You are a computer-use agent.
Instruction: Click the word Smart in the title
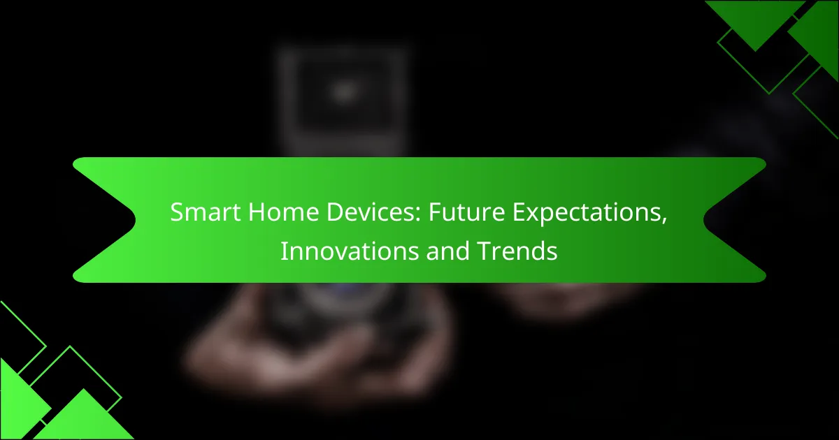[206, 212]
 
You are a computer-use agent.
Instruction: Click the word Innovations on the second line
[350, 251]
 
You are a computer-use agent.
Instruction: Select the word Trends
[517, 251]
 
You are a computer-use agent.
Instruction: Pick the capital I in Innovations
[283, 251]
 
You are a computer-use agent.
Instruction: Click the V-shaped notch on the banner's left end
[135, 220]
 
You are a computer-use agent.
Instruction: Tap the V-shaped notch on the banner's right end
[704, 220]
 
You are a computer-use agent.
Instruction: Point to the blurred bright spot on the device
[344, 91]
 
